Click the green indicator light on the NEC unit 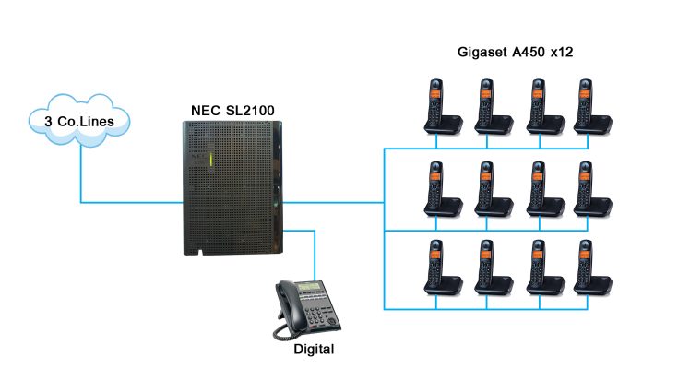211,163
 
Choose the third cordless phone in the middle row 539,189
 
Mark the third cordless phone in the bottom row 539,268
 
